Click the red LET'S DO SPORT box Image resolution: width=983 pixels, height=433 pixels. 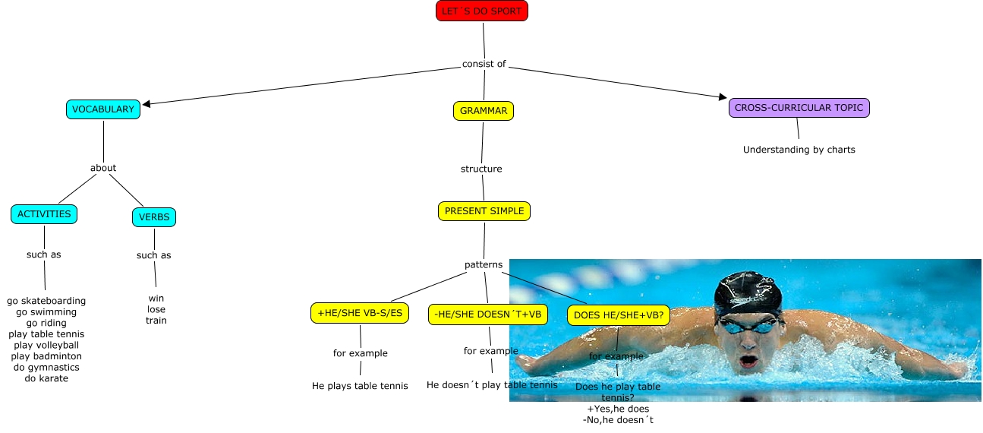pyautogui.click(x=482, y=11)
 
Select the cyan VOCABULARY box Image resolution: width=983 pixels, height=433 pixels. pyautogui.click(x=103, y=109)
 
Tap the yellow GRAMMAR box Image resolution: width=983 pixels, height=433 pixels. pyautogui.click(x=484, y=111)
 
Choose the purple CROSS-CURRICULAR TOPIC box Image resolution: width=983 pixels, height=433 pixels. pyautogui.click(x=799, y=108)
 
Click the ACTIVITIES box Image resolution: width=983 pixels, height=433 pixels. pyautogui.click(x=44, y=214)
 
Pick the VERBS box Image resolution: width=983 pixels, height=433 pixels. pyautogui.click(x=153, y=217)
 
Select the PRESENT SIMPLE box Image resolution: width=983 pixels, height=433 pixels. pyautogui.click(x=484, y=211)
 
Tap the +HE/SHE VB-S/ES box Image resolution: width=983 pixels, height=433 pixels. pyautogui.click(x=360, y=313)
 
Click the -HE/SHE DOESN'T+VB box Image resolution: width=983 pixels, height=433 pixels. pyautogui.click(x=487, y=314)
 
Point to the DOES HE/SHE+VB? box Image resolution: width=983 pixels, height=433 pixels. pyautogui.click(x=618, y=315)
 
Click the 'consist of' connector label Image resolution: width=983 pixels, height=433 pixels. pyautogui.click(x=484, y=64)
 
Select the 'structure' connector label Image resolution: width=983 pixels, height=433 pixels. pyautogui.click(x=481, y=169)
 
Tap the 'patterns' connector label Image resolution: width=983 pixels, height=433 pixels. pyautogui.click(x=484, y=265)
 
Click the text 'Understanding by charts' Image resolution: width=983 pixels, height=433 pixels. pyautogui.click(x=799, y=150)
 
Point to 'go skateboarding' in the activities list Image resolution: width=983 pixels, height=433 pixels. pyautogui.click(x=46, y=302)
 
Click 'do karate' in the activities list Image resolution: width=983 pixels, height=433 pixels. pyautogui.click(x=46, y=378)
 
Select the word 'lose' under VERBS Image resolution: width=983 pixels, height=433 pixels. pyautogui.click(x=156, y=309)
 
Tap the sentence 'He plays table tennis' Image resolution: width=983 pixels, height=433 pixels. pyautogui.click(x=360, y=386)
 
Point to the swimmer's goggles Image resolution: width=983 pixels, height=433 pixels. pyautogui.click(x=748, y=325)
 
